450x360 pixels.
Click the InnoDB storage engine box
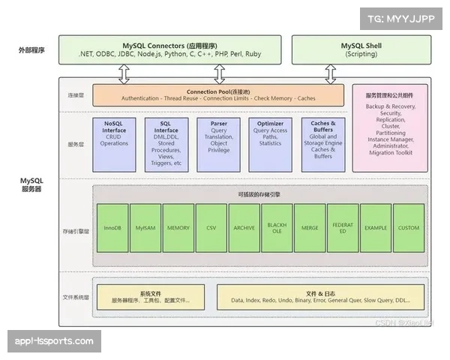(x=112, y=227)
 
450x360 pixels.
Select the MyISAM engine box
(x=145, y=227)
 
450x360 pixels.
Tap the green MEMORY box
(x=178, y=227)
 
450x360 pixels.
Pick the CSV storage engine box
(x=211, y=227)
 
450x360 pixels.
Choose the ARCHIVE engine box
(x=244, y=227)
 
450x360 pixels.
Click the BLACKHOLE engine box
(x=277, y=227)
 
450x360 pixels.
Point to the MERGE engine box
(x=310, y=227)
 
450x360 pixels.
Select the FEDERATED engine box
(x=343, y=227)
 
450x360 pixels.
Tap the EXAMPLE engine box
(x=376, y=227)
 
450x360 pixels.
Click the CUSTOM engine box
(x=409, y=227)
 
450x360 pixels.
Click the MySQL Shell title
(x=361, y=45)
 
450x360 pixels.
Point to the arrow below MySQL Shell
(x=331, y=73)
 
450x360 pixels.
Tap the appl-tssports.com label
(x=54, y=341)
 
